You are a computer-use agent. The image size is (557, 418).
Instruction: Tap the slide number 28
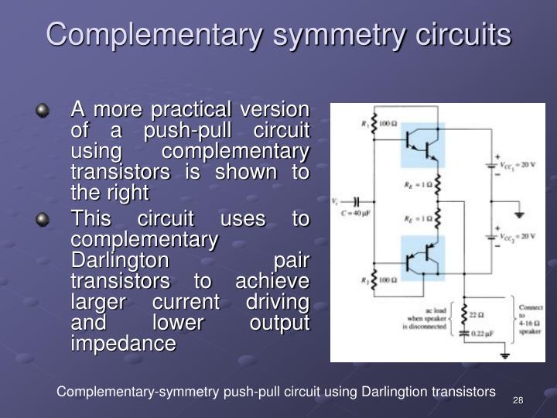tap(518, 399)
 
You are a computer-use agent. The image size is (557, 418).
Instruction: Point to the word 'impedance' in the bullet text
tap(123, 343)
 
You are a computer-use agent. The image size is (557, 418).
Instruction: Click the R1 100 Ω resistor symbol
tap(374, 125)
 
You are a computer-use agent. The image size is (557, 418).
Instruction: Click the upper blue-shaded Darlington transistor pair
tap(423, 143)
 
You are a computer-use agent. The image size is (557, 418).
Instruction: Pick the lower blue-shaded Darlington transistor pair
tap(423, 259)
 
